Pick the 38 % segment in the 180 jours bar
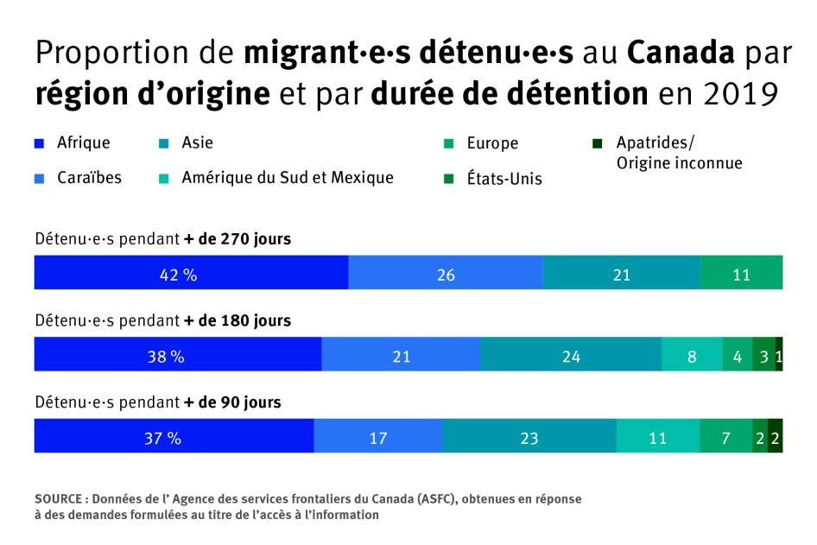point(177,355)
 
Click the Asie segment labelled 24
point(571,355)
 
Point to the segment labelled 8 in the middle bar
point(692,355)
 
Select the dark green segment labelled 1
point(779,355)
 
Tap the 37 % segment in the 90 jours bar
point(174,437)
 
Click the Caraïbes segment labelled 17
point(378,437)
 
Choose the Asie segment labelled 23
point(529,437)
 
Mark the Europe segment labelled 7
point(725,437)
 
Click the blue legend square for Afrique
point(40,143)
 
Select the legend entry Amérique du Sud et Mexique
point(287,178)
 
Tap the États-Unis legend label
point(504,180)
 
